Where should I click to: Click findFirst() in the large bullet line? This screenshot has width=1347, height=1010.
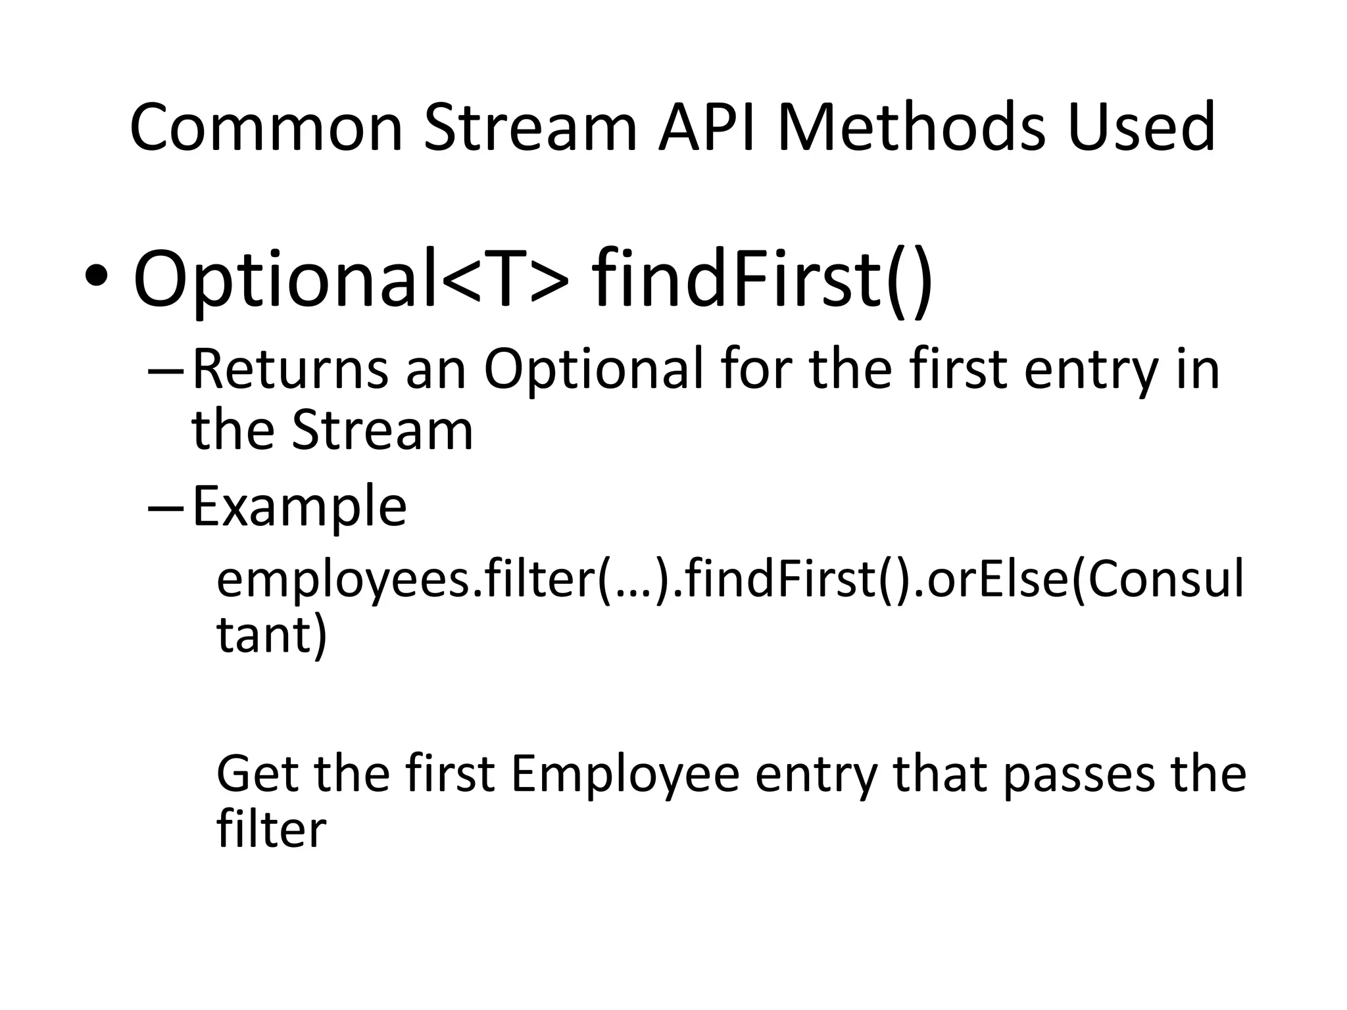click(x=762, y=279)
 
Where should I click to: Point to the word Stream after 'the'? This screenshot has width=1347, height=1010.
click(x=382, y=431)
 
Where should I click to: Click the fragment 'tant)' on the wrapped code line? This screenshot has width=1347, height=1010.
click(x=271, y=635)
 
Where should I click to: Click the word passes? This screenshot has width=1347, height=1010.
click(x=1079, y=774)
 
